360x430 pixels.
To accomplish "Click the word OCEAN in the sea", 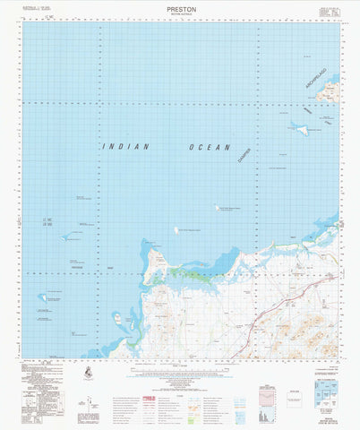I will pos(210,147).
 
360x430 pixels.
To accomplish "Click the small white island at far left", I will pos(41,297).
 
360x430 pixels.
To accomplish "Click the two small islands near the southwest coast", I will pos(118,316).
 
